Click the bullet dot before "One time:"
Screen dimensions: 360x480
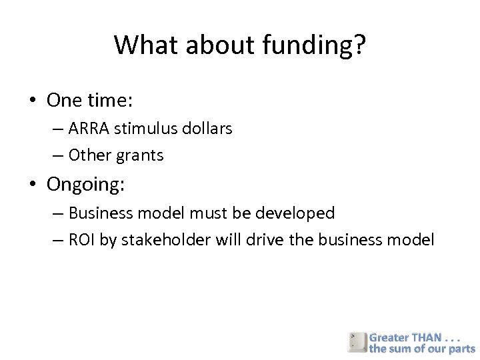32,101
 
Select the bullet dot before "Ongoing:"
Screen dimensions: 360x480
32,185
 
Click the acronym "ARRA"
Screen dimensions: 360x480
89,128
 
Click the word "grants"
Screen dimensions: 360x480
140,156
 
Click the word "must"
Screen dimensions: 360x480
209,213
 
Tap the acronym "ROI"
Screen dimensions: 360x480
82,240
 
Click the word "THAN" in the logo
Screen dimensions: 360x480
427,337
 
